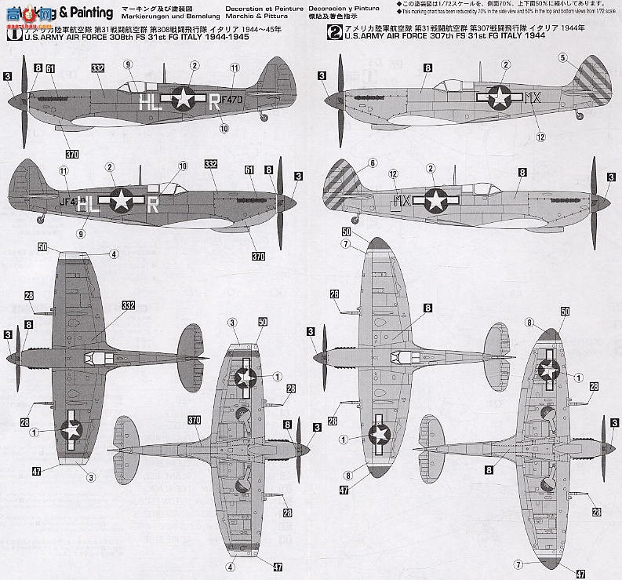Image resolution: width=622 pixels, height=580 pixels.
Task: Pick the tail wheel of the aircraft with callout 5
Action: (x=579, y=116)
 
